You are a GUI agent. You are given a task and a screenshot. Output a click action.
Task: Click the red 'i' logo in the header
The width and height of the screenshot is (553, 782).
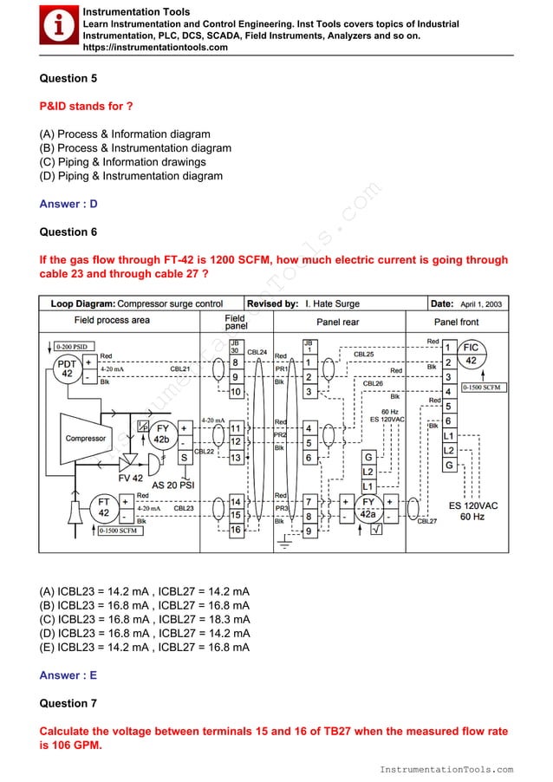click(x=58, y=26)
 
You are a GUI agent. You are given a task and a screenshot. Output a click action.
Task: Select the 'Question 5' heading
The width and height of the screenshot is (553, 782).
click(x=68, y=78)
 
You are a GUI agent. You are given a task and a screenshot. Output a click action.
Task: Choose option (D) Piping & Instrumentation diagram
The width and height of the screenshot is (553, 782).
click(x=131, y=176)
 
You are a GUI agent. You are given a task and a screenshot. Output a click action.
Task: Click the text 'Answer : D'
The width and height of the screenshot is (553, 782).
click(x=68, y=204)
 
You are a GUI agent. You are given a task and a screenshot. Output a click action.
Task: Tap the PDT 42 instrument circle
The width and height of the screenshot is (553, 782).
click(x=65, y=368)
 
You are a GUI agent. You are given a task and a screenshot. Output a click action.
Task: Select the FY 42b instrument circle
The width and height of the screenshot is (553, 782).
click(x=160, y=433)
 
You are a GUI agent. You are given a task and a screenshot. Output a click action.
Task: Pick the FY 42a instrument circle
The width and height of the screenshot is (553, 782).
click(x=368, y=507)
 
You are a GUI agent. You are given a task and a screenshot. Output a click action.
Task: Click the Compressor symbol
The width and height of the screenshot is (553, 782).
click(x=86, y=439)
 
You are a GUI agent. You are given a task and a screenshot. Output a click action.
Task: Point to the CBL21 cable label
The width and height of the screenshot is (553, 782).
click(x=180, y=368)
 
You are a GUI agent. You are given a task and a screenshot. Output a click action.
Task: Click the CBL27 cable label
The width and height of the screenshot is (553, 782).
click(x=427, y=521)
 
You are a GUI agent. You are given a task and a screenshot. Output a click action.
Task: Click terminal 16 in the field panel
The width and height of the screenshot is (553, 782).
click(x=235, y=530)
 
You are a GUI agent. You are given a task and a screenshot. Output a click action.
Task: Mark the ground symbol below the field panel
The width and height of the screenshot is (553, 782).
click(x=283, y=544)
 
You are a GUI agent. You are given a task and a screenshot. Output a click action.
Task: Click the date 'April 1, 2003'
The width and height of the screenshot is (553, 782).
click(x=480, y=304)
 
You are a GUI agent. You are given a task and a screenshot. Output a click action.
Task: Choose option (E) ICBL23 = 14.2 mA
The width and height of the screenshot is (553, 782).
click(x=145, y=646)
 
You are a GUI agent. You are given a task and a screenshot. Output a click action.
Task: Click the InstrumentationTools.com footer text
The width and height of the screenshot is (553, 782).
click(x=446, y=769)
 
